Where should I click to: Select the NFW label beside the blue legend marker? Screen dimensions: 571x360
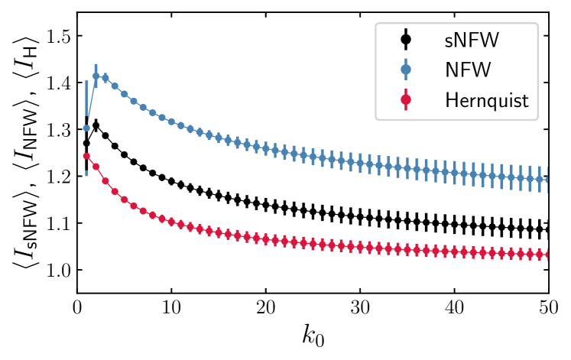tap(467, 70)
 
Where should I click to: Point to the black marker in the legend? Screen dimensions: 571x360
tap(406, 39)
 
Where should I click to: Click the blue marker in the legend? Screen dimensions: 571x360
tap(406, 70)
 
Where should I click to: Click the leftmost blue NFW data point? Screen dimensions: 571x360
tap(86, 128)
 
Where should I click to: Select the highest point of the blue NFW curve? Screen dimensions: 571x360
tap(96, 76)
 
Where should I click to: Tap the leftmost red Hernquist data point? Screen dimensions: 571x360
tap(86, 156)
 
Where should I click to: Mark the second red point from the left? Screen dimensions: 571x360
tap(96, 167)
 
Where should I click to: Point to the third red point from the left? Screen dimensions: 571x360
tap(105, 181)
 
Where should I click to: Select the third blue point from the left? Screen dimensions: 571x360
tap(105, 78)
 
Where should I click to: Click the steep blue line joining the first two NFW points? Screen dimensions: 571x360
tap(91, 102)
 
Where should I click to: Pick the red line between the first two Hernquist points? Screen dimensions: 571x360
tap(91, 161)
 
